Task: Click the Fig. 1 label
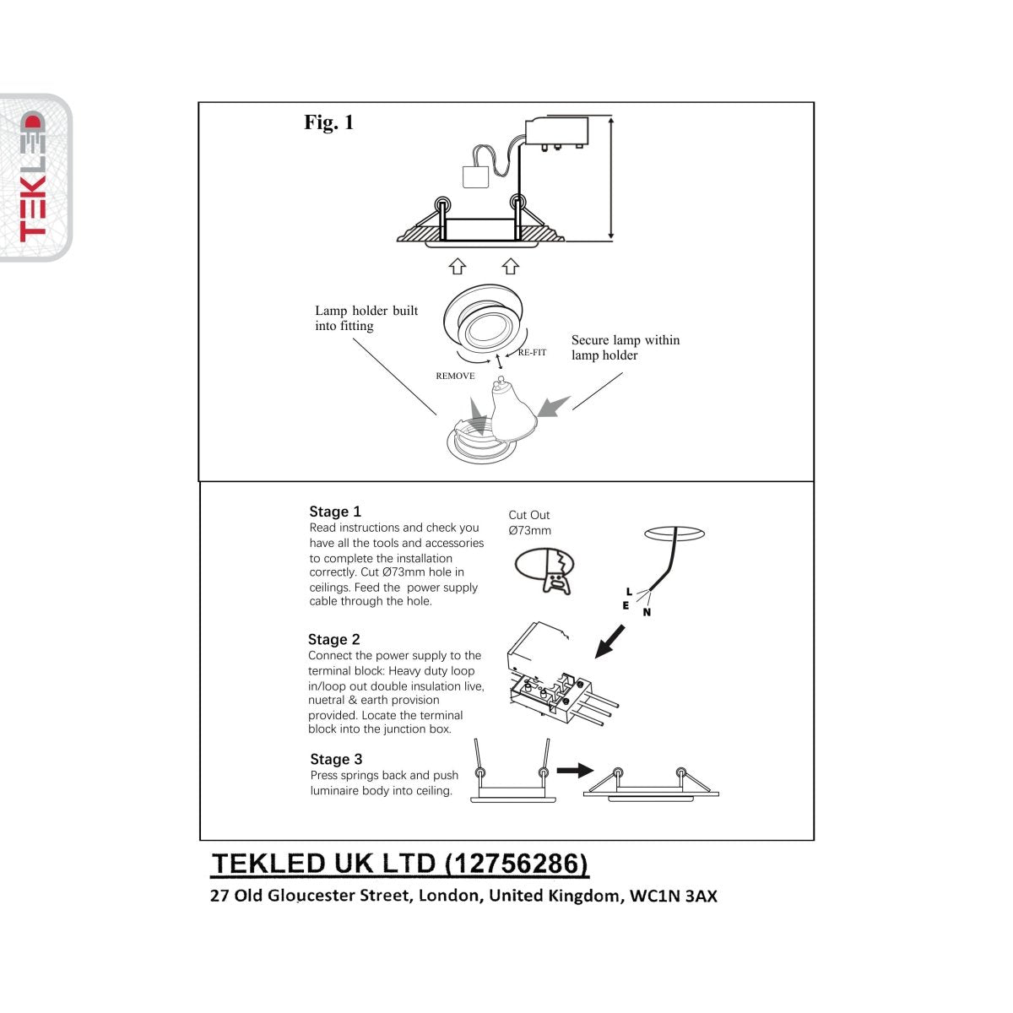[x=328, y=123]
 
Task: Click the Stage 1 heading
[x=335, y=512]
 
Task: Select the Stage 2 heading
[x=333, y=639]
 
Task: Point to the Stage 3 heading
[x=335, y=759]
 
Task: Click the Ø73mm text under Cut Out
[x=529, y=531]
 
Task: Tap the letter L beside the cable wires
[x=629, y=591]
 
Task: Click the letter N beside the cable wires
[x=647, y=613]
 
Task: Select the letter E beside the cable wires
[x=626, y=605]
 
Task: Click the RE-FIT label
[x=532, y=353]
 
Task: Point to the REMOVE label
[x=455, y=376]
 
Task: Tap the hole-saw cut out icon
[x=544, y=569]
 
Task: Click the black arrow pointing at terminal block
[x=610, y=641]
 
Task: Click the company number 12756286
[x=515, y=864]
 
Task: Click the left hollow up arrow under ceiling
[x=457, y=267]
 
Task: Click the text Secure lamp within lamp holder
[x=625, y=348]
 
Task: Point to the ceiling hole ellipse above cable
[x=674, y=534]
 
